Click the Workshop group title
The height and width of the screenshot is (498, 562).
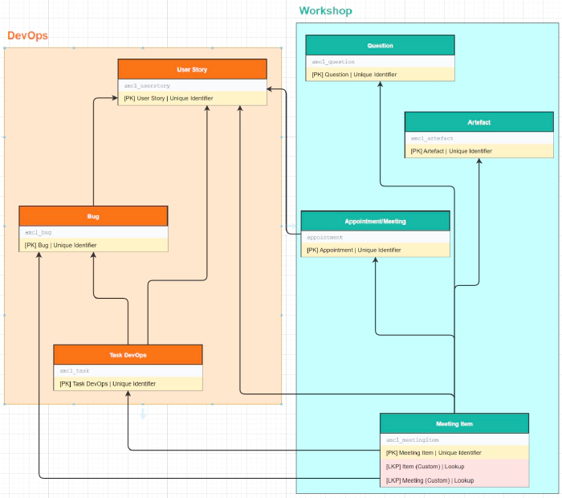[x=325, y=11]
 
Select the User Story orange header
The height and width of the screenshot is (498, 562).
[x=192, y=70]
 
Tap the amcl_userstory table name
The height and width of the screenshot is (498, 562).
[x=147, y=85]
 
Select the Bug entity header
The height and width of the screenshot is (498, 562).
[x=93, y=216]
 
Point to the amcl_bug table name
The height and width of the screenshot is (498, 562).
[x=39, y=232]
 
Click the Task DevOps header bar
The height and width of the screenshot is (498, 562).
[x=128, y=354]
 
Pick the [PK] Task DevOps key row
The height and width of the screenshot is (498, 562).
[x=108, y=384]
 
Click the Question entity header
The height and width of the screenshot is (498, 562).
[x=380, y=46]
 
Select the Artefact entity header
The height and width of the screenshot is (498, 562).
[x=479, y=122]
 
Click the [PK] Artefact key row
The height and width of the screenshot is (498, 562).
[x=450, y=151]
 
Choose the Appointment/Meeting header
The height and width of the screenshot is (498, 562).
[x=375, y=221]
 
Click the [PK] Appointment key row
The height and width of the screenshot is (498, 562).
[x=353, y=250]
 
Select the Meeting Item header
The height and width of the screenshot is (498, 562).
[x=454, y=423]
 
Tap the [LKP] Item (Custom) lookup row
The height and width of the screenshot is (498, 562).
[x=425, y=467]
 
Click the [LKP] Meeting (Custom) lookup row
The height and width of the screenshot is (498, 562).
[x=430, y=480]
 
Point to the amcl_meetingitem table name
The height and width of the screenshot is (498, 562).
[x=413, y=439]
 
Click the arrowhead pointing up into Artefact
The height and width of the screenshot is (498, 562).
[x=479, y=161]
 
